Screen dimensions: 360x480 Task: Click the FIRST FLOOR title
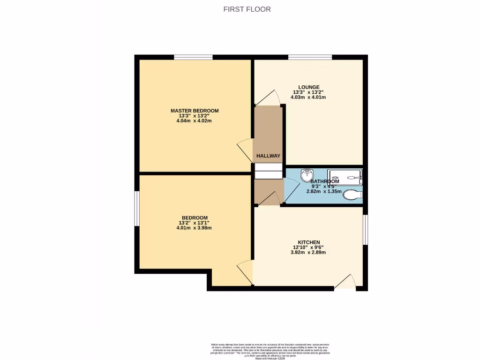tap(247, 9)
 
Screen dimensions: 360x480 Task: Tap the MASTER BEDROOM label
tap(195, 111)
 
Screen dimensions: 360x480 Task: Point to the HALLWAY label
tap(268, 156)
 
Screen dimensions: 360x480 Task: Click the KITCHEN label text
tap(308, 242)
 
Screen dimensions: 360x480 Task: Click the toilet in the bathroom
tap(352, 194)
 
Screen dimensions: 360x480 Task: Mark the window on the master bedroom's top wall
tap(193, 57)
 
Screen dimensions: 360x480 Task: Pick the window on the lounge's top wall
tap(310, 57)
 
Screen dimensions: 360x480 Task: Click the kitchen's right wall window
tap(365, 230)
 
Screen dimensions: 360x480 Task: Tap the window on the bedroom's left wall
tap(137, 209)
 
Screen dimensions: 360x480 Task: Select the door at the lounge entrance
tap(268, 97)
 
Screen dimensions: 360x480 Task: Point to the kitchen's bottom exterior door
tap(345, 282)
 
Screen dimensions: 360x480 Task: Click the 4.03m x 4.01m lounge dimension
tap(308, 97)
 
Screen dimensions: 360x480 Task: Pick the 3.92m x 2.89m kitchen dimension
tap(308, 252)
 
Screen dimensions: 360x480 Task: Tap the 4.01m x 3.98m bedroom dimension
tap(195, 228)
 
